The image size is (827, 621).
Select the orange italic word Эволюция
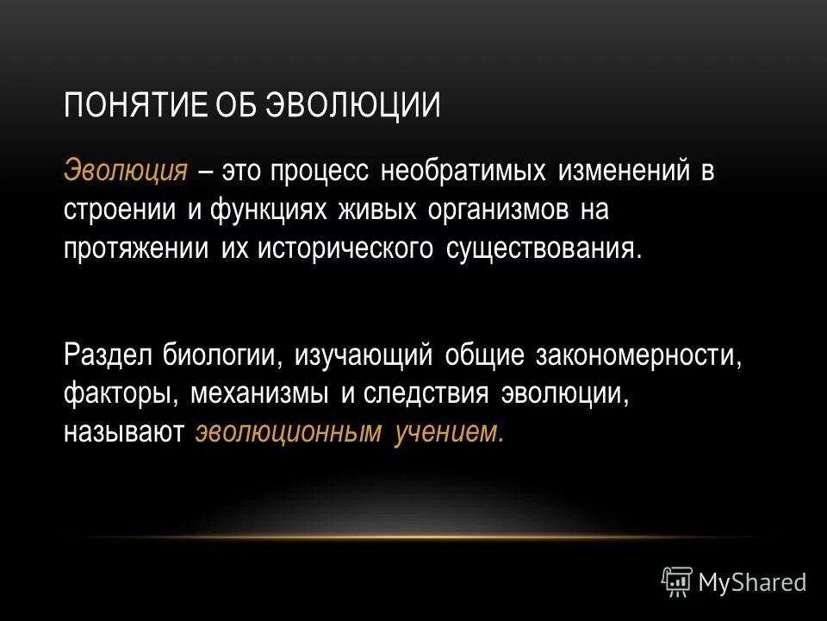[x=126, y=170]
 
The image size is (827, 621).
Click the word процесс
[x=320, y=170]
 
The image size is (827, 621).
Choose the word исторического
[x=340, y=249]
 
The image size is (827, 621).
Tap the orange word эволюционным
[x=288, y=432]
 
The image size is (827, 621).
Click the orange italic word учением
[x=449, y=432]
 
